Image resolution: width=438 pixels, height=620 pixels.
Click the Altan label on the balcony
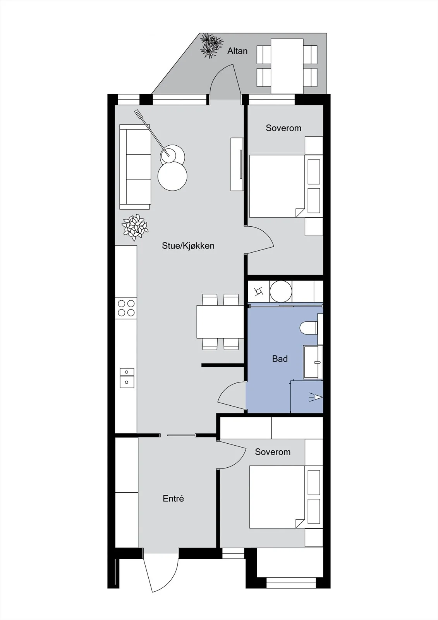pyautogui.click(x=237, y=51)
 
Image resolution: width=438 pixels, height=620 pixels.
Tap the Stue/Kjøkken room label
pyautogui.click(x=188, y=246)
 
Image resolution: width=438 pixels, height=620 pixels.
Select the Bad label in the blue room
pyautogui.click(x=280, y=359)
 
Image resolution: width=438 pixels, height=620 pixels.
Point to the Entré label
pyautogui.click(x=173, y=498)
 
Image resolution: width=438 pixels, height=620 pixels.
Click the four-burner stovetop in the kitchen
pyautogui.click(x=126, y=308)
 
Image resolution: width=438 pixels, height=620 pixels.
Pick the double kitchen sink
pyautogui.click(x=127, y=378)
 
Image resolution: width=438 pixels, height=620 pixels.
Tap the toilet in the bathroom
pyautogui.click(x=309, y=328)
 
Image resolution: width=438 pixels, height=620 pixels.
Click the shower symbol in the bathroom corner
pyautogui.click(x=315, y=398)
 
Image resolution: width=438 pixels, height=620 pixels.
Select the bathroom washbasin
pyautogui.click(x=313, y=362)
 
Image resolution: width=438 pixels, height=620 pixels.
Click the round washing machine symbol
pyautogui.click(x=280, y=291)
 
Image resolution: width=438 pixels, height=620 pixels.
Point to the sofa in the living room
pyautogui.click(x=135, y=167)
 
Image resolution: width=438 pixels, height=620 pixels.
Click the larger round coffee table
pyautogui.click(x=172, y=176)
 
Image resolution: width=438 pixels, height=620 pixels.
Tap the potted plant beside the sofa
pyautogui.click(x=135, y=227)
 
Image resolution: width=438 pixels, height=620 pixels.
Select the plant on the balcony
pyautogui.click(x=211, y=46)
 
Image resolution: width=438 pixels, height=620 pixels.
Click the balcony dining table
pyautogui.click(x=287, y=66)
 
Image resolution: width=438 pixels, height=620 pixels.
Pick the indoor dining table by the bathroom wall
pyautogui.click(x=220, y=322)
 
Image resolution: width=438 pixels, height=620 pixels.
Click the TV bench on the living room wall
pyautogui.click(x=237, y=164)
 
